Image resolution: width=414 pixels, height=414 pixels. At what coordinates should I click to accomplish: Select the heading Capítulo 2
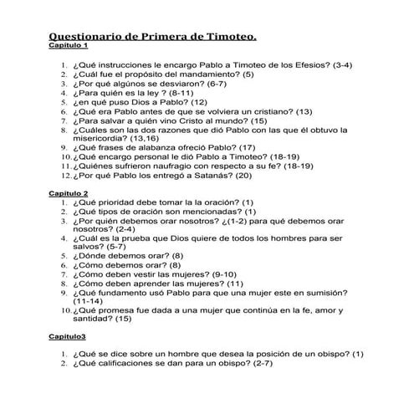[69, 193]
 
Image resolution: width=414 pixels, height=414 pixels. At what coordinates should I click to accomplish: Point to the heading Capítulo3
[68, 336]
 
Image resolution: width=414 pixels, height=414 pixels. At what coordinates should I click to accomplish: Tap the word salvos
[89, 246]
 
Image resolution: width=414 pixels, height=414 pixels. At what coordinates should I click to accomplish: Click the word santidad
[93, 319]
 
